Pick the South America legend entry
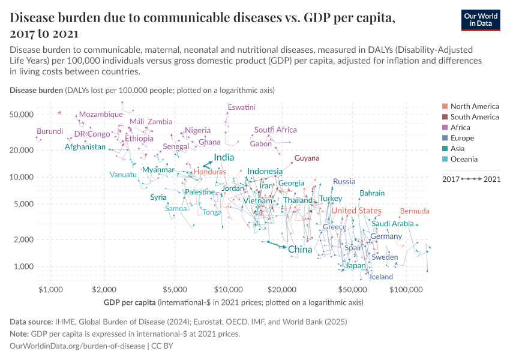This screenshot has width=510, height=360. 474,117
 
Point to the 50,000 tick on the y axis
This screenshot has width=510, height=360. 23,115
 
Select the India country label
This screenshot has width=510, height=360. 224,157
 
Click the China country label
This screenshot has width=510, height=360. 299,249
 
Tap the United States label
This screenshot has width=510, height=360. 356,211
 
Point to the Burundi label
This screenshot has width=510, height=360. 50,131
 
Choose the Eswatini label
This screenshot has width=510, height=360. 242,107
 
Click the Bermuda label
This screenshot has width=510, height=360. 415,211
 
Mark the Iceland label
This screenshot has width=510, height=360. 381,277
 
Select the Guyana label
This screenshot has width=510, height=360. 307,158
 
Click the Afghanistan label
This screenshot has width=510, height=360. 85,147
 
